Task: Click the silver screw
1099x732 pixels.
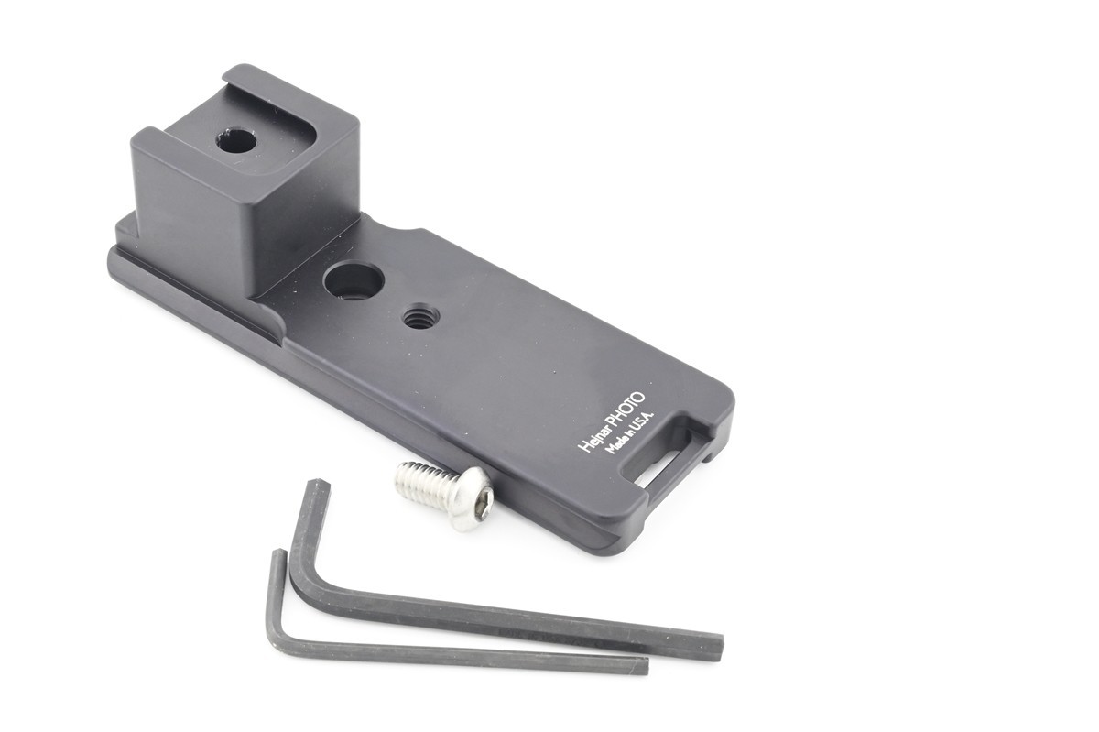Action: click(x=443, y=496)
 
